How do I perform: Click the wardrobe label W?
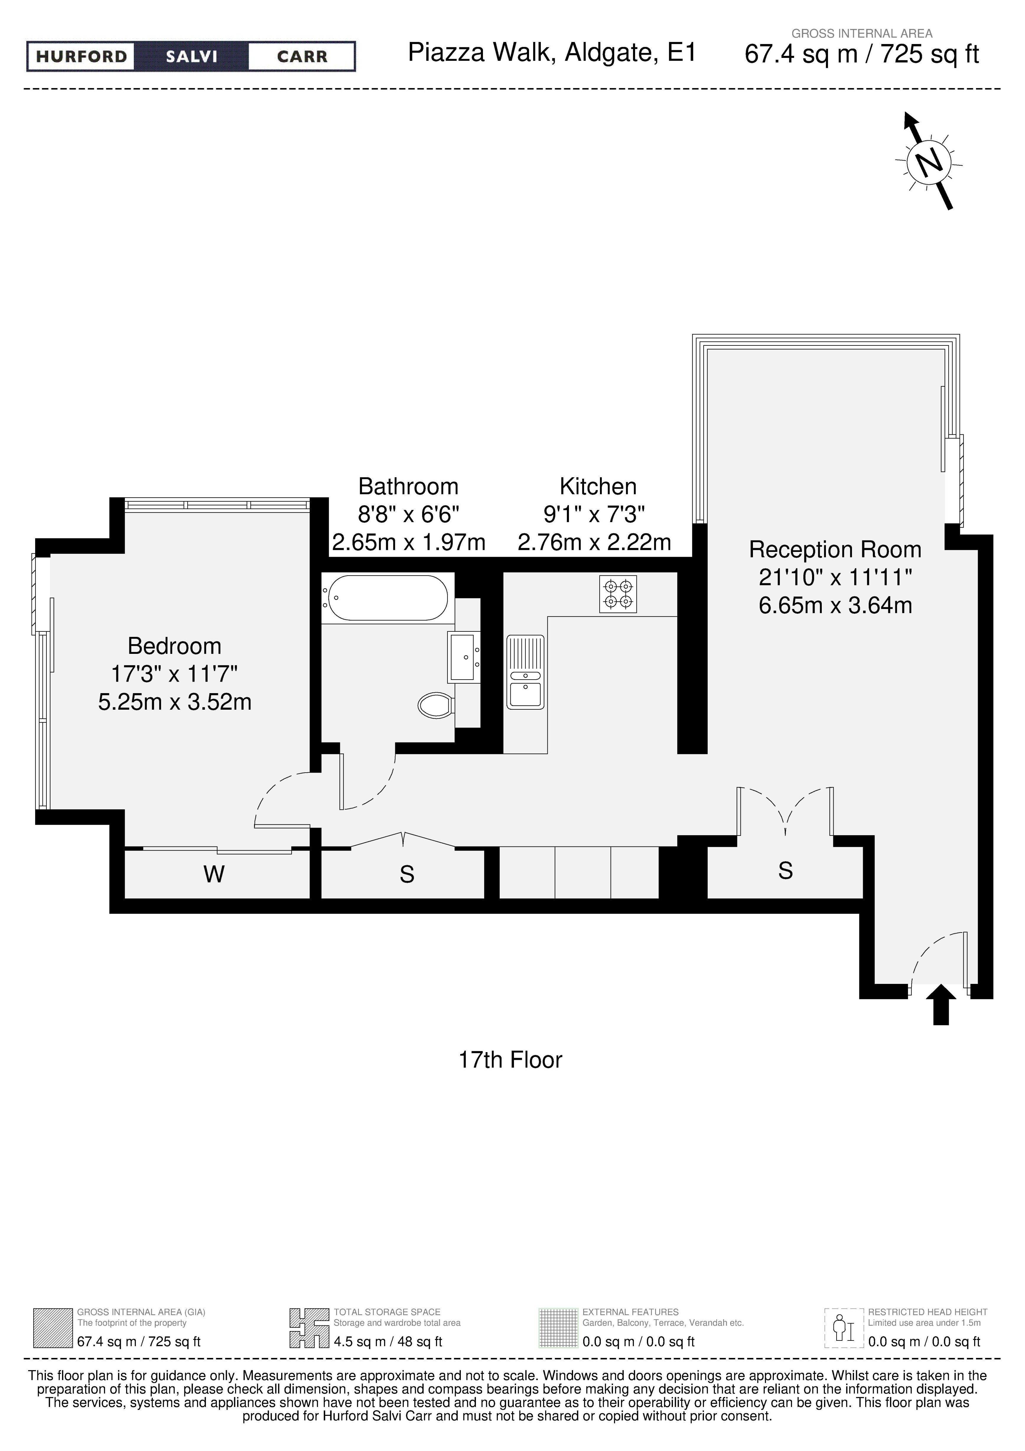(214, 875)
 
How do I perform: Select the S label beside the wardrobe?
(407, 875)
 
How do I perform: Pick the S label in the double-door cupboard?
(785, 871)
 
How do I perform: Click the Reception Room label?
(835, 550)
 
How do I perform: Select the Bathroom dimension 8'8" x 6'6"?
(408, 514)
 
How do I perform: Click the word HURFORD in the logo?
(82, 57)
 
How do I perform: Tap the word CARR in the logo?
(302, 57)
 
